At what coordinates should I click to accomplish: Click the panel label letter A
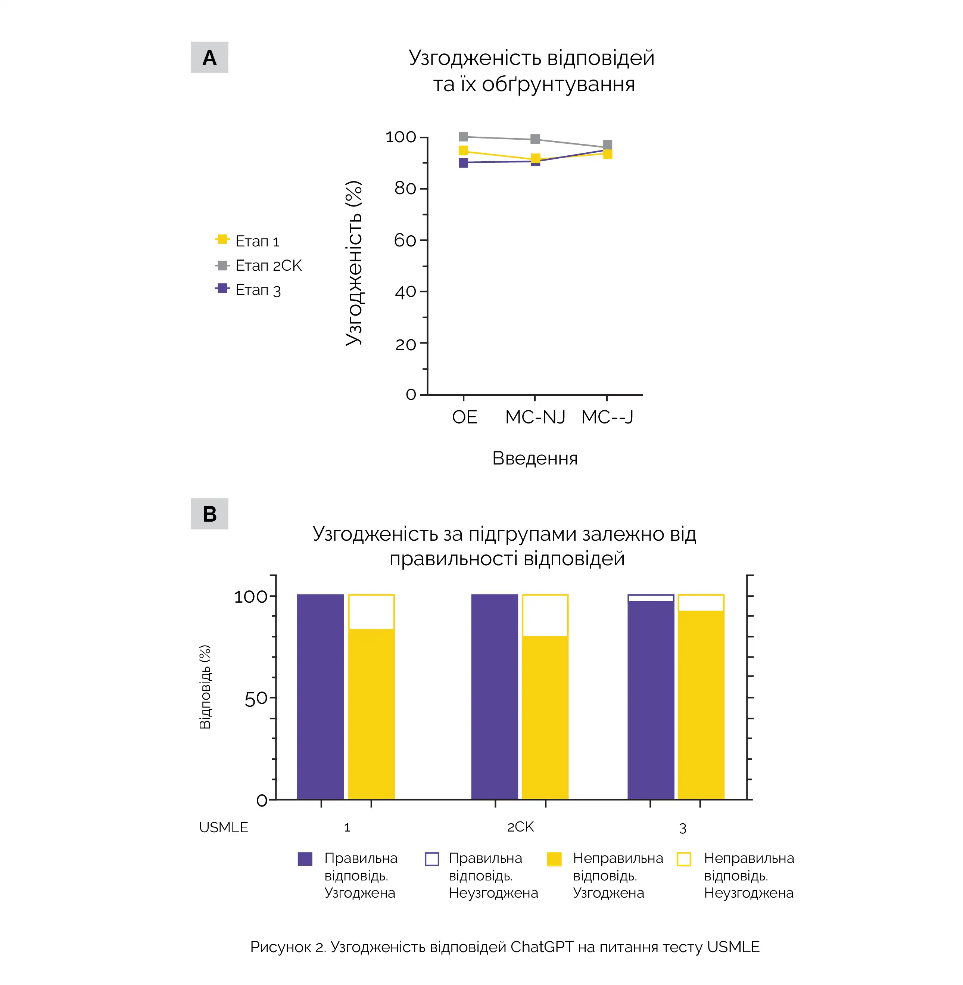tap(209, 58)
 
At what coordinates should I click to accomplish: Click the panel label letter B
tap(209, 514)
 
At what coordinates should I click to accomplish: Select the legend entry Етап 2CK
tap(268, 265)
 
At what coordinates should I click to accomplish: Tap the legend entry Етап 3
tap(258, 290)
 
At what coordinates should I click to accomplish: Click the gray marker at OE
tap(463, 137)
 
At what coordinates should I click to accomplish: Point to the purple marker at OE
tap(463, 162)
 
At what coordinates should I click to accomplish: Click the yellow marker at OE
tap(463, 150)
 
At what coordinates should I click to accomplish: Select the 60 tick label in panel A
tap(405, 240)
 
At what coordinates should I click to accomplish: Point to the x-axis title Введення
tap(535, 459)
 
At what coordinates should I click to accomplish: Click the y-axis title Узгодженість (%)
tap(353, 263)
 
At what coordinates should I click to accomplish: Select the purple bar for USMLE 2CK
tap(494, 697)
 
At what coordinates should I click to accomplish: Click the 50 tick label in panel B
tap(255, 699)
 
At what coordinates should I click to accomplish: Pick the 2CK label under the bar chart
tap(520, 827)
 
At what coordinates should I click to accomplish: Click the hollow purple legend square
tap(432, 859)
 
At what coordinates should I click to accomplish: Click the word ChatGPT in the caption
tap(542, 947)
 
